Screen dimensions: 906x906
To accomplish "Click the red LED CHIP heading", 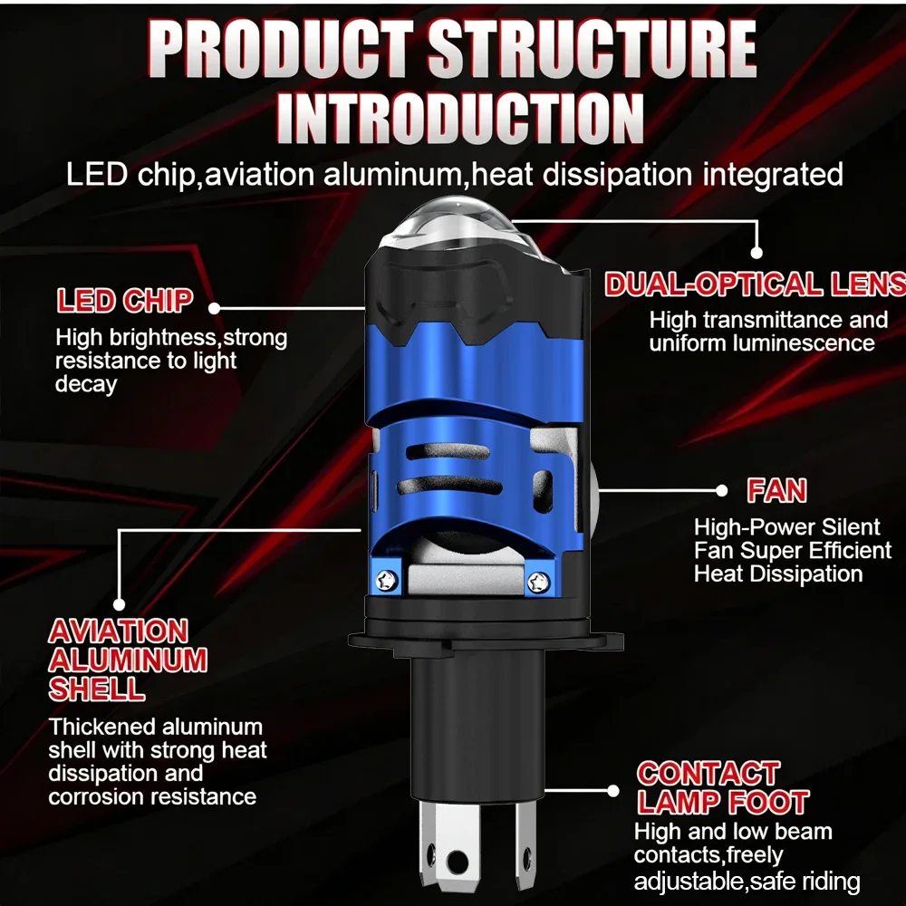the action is (124, 301).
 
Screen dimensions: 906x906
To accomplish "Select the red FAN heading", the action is (776, 490).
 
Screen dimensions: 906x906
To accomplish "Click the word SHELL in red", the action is (97, 689).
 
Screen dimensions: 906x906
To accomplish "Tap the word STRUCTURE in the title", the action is (592, 48).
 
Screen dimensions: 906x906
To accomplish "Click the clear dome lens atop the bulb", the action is (457, 226).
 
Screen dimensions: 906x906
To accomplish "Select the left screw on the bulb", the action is (386, 580).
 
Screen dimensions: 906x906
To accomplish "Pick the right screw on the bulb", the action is (538, 582).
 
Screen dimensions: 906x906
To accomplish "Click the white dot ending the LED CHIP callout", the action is (214, 308).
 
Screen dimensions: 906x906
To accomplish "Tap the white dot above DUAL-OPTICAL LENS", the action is (757, 253).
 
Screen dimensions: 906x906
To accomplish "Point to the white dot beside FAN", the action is (722, 490).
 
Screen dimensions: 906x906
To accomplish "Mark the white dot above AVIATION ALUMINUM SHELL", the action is (119, 604).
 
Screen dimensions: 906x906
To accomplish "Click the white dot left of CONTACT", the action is (613, 790).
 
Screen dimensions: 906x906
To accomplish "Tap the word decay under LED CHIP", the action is (86, 385).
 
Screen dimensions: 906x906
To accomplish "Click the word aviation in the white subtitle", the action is (259, 175).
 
